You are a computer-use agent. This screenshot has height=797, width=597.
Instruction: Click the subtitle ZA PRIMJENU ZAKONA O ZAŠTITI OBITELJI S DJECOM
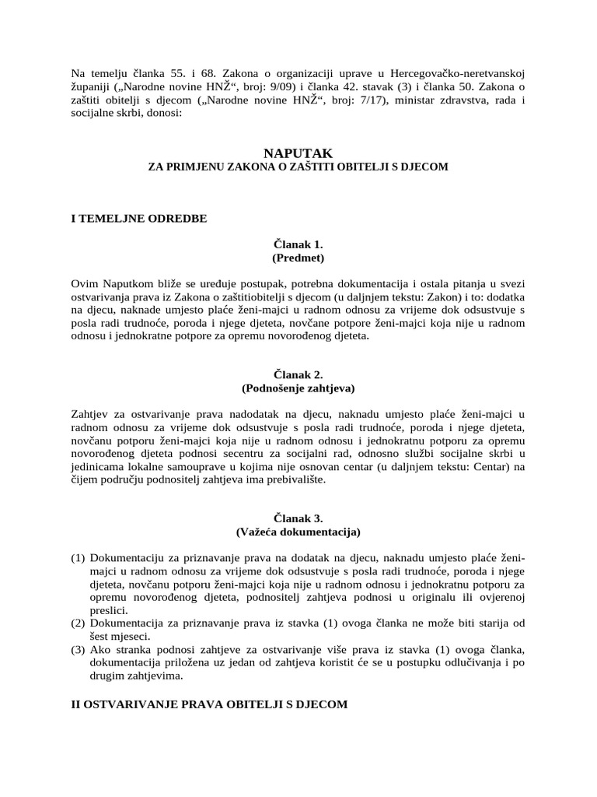298,167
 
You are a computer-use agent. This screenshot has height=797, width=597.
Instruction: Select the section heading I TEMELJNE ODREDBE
139,218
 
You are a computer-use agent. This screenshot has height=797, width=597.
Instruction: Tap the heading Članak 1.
298,244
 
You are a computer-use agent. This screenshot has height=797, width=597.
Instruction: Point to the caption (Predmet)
298,257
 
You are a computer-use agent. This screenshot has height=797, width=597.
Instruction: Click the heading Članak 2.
298,374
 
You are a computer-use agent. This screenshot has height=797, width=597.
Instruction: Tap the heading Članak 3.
298,518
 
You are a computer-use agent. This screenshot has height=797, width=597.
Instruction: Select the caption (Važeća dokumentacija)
298,532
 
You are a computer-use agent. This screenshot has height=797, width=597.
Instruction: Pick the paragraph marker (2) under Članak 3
78,623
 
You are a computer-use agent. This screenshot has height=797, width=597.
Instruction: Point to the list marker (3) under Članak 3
78,650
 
